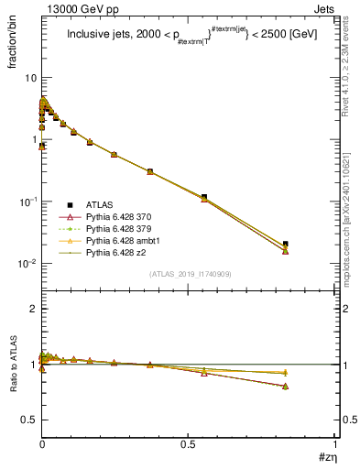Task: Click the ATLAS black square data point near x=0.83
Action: (x=286, y=244)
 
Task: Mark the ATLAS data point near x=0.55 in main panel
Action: (x=203, y=197)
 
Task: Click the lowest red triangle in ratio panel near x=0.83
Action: (x=286, y=387)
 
